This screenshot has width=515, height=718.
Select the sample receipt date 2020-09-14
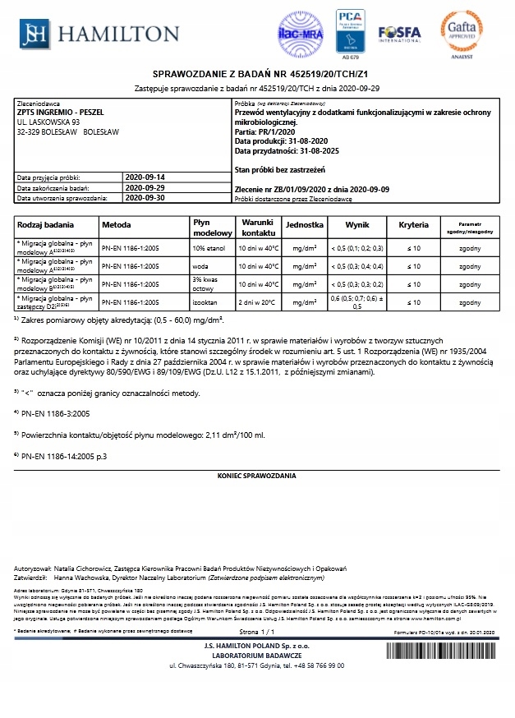(x=145, y=177)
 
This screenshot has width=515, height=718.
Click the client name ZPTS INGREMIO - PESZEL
(x=55, y=112)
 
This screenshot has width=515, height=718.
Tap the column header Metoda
(x=116, y=224)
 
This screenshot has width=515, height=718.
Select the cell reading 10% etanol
(x=209, y=247)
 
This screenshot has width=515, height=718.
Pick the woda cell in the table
(x=200, y=267)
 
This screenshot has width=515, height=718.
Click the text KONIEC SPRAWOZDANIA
(x=257, y=476)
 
